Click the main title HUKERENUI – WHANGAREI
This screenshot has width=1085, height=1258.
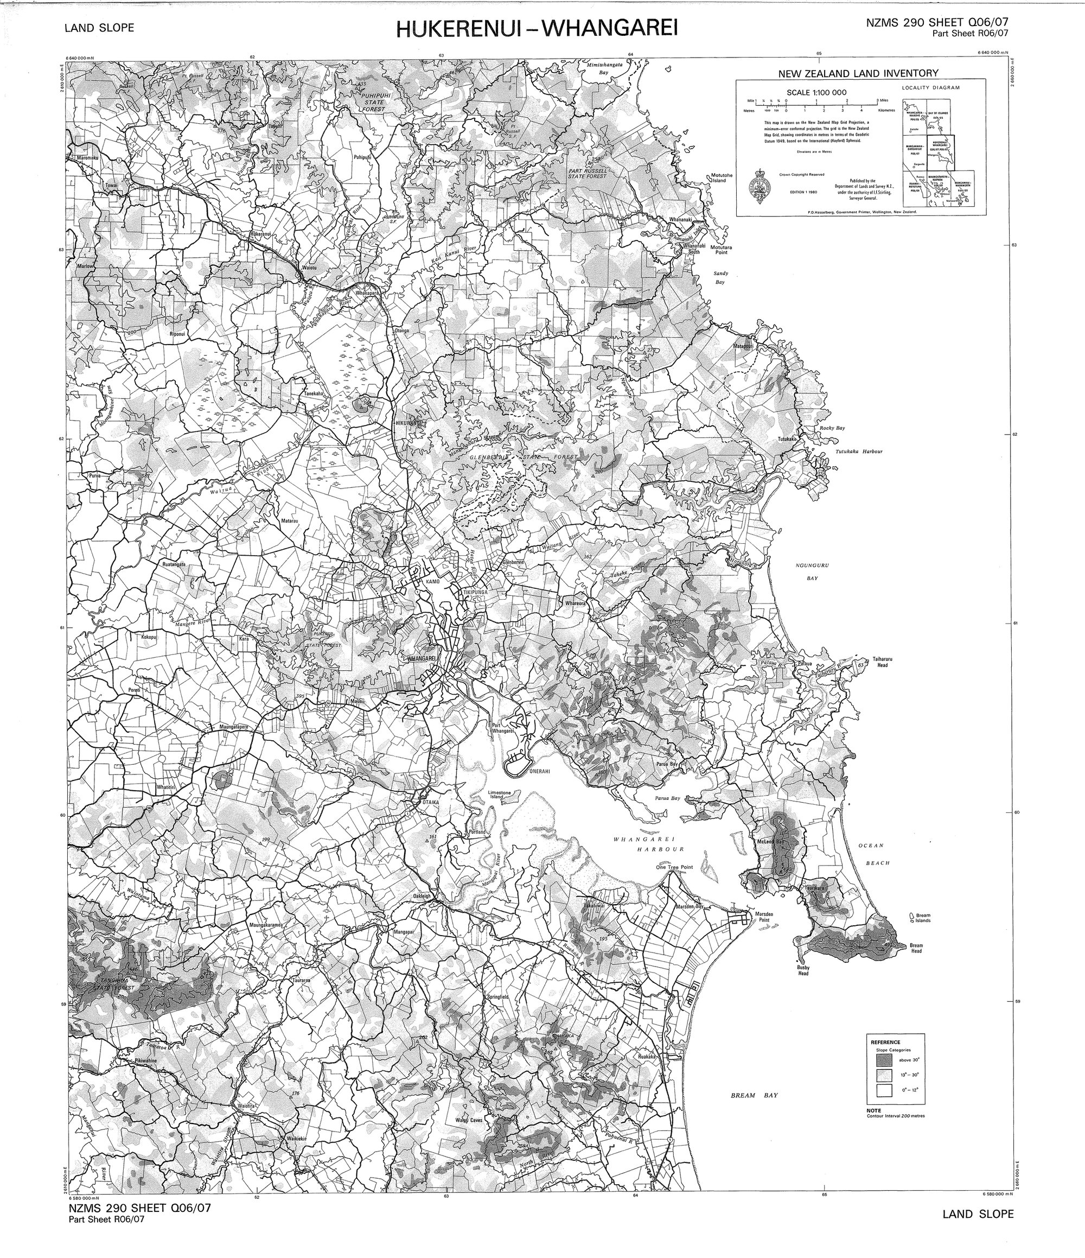(x=536, y=29)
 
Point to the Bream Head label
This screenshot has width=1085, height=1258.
(x=916, y=948)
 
